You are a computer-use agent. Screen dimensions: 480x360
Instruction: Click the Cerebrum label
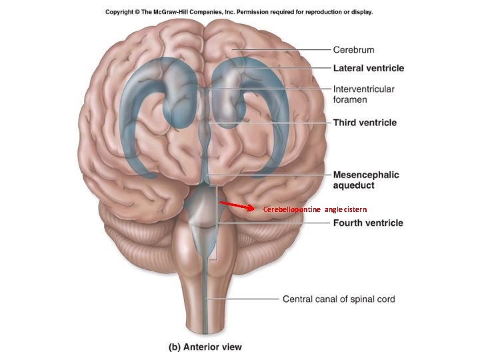[353, 49]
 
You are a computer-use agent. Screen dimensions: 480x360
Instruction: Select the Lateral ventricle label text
[369, 68]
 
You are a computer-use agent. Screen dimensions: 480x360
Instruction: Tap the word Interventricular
[364, 89]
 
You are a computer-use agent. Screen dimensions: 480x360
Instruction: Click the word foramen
[350, 99]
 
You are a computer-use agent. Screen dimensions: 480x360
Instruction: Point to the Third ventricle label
[365, 123]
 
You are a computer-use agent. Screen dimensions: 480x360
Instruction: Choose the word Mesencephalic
[366, 175]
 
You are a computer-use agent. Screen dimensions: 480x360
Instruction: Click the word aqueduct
[353, 185]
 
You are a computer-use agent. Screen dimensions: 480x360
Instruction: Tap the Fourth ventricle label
[368, 223]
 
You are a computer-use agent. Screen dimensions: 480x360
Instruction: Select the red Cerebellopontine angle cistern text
[315, 209]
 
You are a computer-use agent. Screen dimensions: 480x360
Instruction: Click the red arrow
[237, 206]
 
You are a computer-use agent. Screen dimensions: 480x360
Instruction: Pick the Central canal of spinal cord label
[339, 299]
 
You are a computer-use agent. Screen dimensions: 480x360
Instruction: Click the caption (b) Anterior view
[205, 347]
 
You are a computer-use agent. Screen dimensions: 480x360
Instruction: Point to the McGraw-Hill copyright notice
[239, 12]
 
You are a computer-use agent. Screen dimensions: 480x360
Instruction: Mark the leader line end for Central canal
[207, 299]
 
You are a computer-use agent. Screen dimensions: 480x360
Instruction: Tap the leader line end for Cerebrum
[232, 49]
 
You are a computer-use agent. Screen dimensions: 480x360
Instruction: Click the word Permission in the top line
[251, 12]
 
